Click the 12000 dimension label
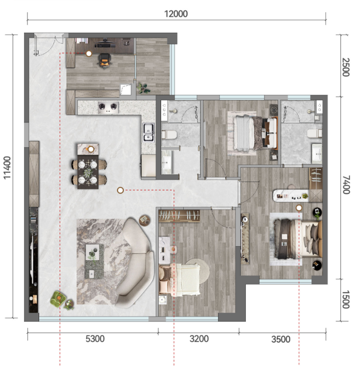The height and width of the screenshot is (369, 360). (176, 14)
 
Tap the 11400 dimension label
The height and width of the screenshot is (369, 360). (7, 167)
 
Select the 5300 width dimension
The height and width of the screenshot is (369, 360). (95, 339)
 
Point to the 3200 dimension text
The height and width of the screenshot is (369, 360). (199, 339)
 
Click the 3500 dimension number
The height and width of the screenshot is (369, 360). (281, 339)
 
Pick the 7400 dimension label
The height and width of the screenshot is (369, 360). (346, 184)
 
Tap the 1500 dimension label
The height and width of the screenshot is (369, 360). (346, 300)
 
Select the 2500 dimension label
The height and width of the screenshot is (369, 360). (346, 67)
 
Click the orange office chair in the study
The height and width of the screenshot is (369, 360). (104, 61)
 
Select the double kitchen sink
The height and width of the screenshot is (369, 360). (148, 133)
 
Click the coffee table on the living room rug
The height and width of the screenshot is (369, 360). (94, 261)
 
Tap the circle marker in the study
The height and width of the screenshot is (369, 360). (89, 54)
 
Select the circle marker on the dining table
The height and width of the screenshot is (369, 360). (91, 149)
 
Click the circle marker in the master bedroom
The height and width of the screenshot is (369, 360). (299, 208)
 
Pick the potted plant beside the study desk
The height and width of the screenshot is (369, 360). (144, 88)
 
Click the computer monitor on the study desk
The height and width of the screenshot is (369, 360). (105, 44)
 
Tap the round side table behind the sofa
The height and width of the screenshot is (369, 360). (144, 221)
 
